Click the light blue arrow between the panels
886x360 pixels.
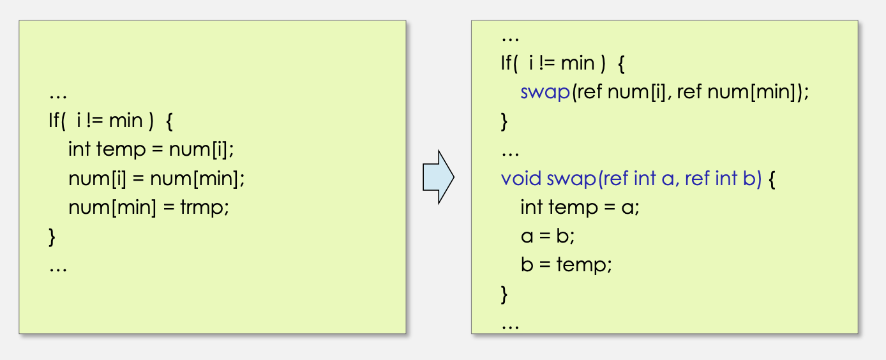pos(438,177)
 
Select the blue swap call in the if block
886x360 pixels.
pos(544,93)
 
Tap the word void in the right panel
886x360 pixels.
pos(522,179)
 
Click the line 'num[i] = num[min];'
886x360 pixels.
pos(156,179)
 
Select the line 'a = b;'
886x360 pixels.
pos(548,236)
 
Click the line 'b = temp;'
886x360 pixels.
pos(566,264)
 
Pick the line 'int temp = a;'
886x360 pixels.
pos(580,207)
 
